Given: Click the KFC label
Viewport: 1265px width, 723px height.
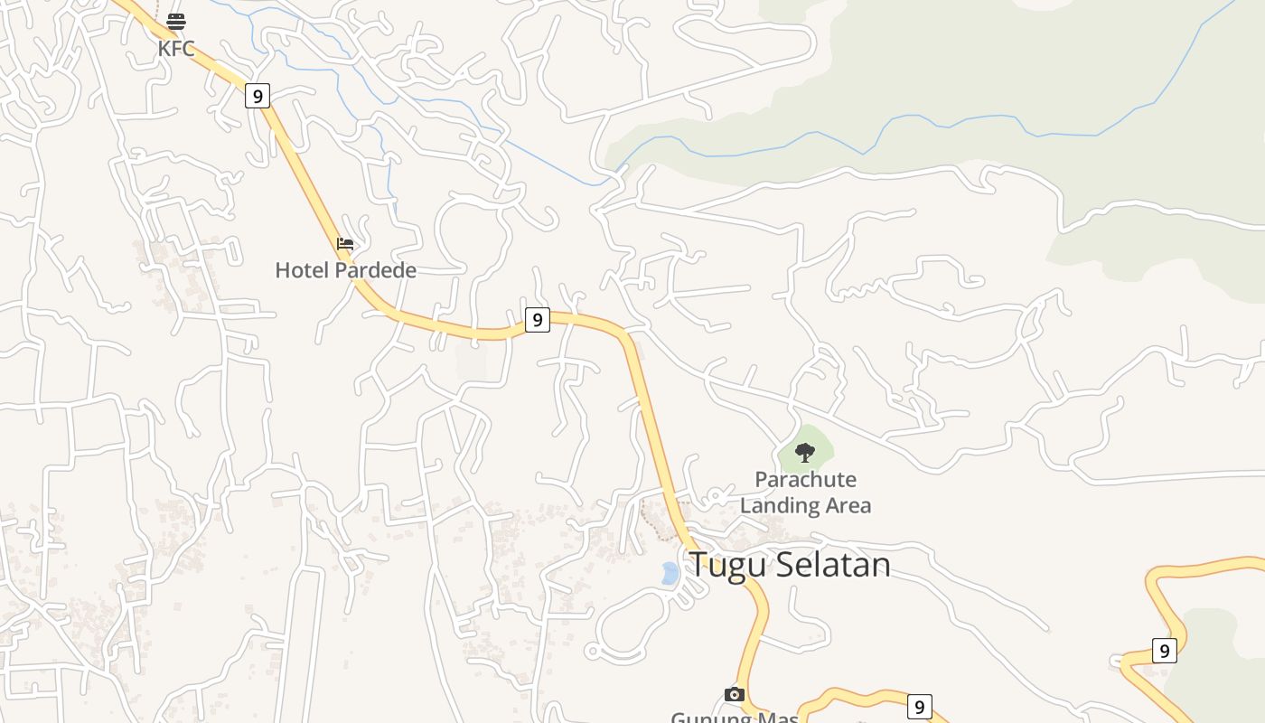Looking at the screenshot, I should (176, 49).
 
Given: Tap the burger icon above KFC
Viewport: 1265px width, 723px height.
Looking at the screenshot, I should (176, 22).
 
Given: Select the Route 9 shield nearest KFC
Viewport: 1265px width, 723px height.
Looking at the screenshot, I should (258, 96).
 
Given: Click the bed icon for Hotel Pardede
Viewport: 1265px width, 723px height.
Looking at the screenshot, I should (345, 244).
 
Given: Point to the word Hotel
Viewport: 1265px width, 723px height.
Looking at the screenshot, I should (304, 270).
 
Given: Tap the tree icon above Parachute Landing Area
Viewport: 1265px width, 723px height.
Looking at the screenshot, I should (804, 452).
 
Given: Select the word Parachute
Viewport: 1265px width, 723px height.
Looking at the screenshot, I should (805, 479).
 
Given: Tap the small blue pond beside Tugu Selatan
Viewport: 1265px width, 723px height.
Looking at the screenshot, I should (670, 573).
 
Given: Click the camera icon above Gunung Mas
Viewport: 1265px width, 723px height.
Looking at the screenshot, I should (735, 694).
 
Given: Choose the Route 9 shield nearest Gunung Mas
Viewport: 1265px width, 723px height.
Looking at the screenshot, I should (919, 707).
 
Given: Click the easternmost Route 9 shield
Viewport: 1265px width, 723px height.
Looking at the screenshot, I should (1165, 650).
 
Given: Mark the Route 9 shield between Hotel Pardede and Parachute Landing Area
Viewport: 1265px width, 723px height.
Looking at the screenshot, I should (538, 319).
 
